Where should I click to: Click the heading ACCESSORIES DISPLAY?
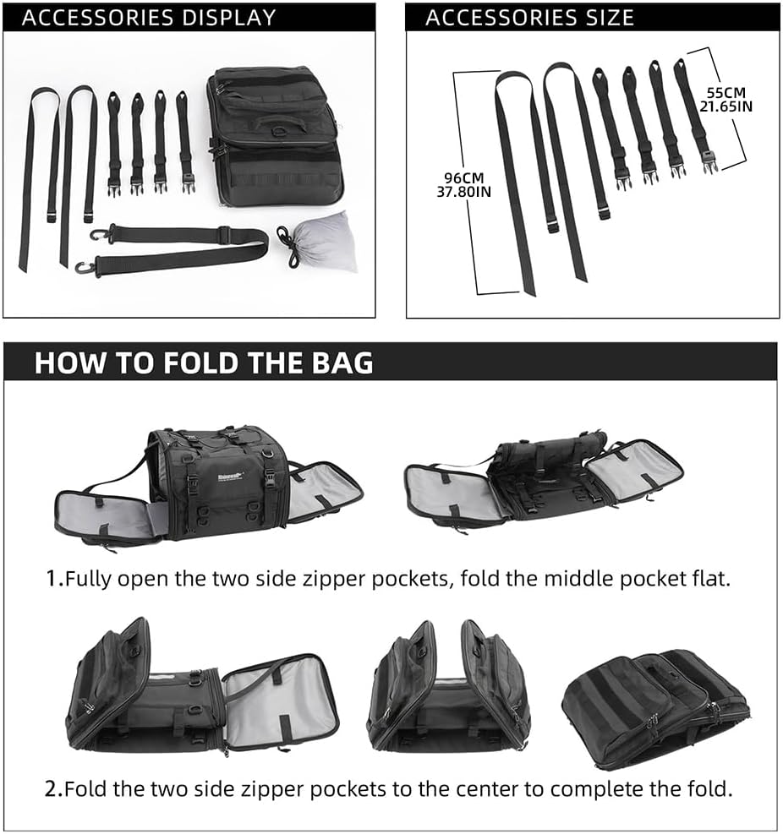pos(149,18)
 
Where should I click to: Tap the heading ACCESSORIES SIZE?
pos(529,18)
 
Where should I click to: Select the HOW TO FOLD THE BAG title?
pos(204,362)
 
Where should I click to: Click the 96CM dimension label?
pos(463,178)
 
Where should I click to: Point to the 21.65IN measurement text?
pos(726,106)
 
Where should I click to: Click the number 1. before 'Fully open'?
pos(55,579)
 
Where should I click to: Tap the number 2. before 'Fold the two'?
pos(54,788)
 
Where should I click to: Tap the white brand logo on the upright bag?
pos(227,472)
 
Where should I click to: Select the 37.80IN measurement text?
pos(463,192)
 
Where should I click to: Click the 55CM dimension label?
pos(726,93)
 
